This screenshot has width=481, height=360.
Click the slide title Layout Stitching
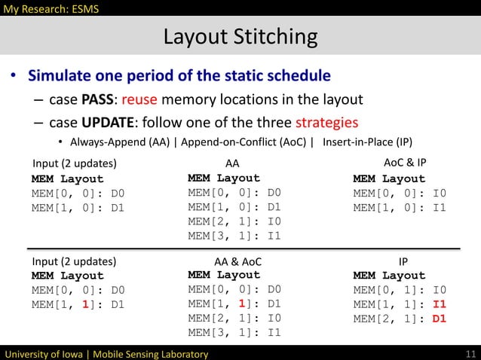tap(240, 36)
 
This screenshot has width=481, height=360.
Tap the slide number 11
tap(470, 353)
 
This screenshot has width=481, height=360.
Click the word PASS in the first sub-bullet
tap(100, 100)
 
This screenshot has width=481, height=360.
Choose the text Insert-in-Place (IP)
tap(367, 142)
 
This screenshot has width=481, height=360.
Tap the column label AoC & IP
tap(405, 163)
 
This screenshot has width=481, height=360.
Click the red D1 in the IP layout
tap(439, 319)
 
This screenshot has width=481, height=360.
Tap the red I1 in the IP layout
tap(439, 305)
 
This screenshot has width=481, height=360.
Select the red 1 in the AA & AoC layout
tap(243, 304)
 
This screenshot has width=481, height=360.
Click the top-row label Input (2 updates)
tap(74, 163)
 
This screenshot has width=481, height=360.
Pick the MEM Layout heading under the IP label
tap(389, 276)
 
